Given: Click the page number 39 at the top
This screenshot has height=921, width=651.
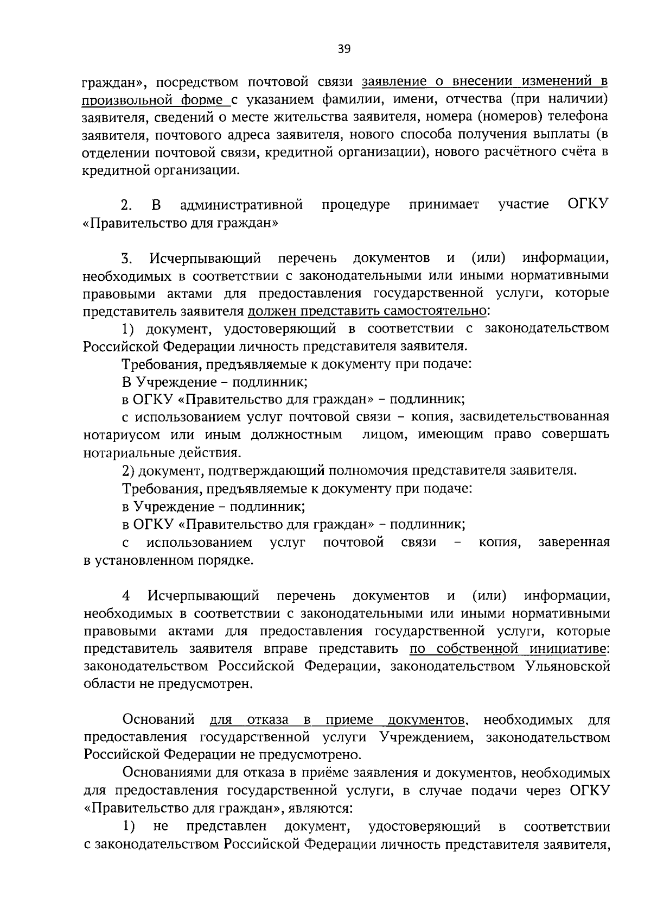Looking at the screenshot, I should click(344, 49).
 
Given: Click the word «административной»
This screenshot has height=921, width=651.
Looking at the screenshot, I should click(241, 204).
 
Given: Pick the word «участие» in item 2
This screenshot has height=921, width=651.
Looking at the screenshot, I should click(523, 204).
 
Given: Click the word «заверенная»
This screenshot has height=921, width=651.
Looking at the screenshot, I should click(573, 542).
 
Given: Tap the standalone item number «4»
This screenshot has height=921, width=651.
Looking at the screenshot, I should click(126, 595).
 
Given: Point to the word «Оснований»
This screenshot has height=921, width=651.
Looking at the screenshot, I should click(158, 720).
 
